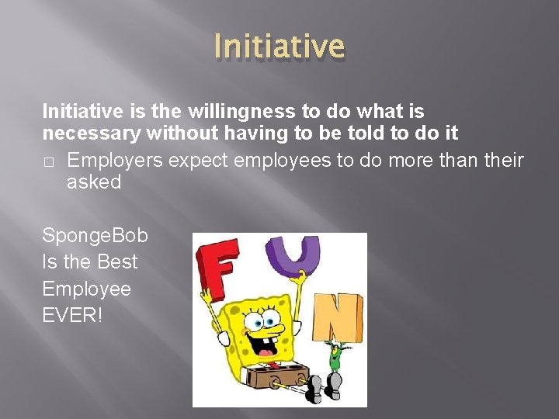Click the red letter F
tap(220, 268)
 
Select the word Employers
tap(115, 161)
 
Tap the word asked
tap(94, 183)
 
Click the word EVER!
tap(72, 315)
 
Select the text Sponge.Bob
tap(95, 235)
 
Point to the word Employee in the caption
tap(86, 289)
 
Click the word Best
tap(117, 262)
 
